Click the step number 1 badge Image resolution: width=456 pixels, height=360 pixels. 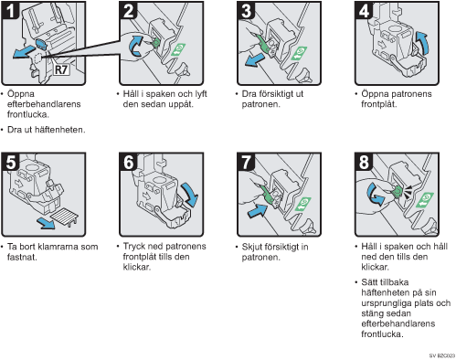10,10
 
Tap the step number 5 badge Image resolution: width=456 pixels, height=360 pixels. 10,162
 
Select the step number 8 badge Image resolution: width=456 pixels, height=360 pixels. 364,162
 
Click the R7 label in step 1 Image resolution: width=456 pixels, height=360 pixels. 61,69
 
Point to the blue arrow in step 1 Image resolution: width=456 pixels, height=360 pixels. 24,51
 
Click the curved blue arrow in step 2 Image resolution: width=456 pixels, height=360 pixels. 134,46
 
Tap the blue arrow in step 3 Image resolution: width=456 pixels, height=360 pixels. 255,58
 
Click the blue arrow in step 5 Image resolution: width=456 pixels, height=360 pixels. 46,224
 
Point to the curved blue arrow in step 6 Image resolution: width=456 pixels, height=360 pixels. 190,194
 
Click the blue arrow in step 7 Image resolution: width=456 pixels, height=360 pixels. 258,210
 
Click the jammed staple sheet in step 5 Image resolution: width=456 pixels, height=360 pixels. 64,217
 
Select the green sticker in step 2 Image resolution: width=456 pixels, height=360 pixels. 178,49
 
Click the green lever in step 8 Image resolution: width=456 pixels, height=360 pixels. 397,191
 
